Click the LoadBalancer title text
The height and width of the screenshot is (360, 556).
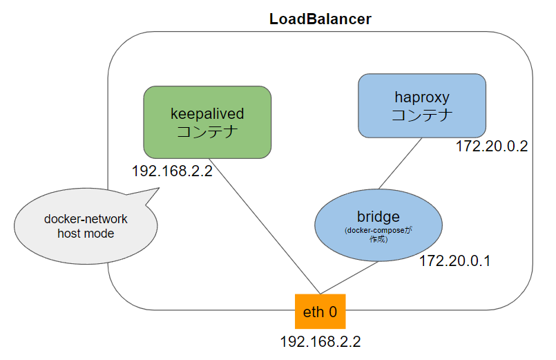click(320, 19)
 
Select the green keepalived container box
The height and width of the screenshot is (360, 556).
click(207, 122)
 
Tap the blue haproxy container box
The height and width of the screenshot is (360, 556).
click(421, 105)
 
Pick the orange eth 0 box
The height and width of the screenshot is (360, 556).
click(320, 312)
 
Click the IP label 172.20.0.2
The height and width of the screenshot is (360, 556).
click(491, 146)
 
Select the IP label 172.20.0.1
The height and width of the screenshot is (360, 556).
click(455, 262)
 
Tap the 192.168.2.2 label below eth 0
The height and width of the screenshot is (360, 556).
click(320, 341)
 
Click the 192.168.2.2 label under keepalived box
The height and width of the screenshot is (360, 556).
click(172, 170)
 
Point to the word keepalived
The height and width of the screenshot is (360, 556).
click(207, 113)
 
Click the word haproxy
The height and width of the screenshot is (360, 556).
click(421, 97)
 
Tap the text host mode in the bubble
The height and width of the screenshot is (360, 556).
click(86, 234)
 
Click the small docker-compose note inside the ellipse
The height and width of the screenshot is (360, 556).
click(378, 234)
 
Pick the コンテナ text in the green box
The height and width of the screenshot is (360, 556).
click(207, 132)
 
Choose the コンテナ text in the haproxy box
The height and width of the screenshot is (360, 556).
click(421, 115)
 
